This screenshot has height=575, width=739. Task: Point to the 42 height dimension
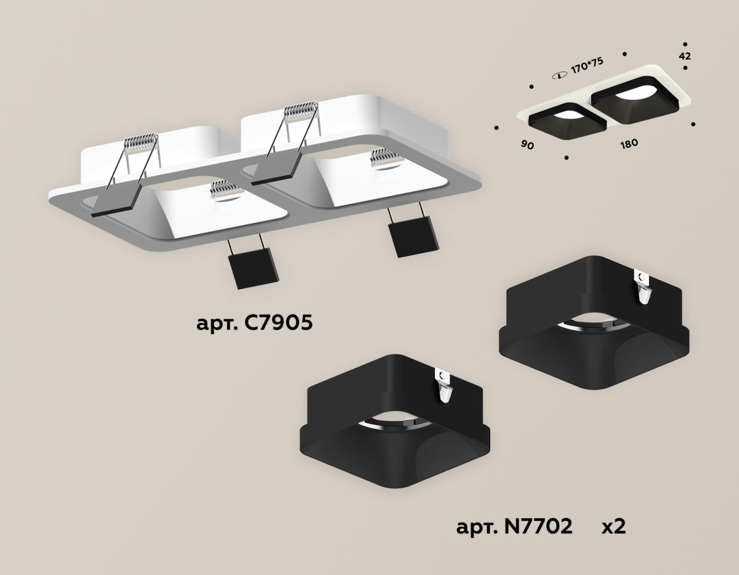click(x=685, y=56)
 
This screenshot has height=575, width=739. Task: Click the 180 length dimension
click(x=629, y=144)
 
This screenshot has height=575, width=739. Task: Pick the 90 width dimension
click(x=528, y=145)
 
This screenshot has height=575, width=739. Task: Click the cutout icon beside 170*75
click(x=559, y=76)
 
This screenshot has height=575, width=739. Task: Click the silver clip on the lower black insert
click(x=445, y=386)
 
